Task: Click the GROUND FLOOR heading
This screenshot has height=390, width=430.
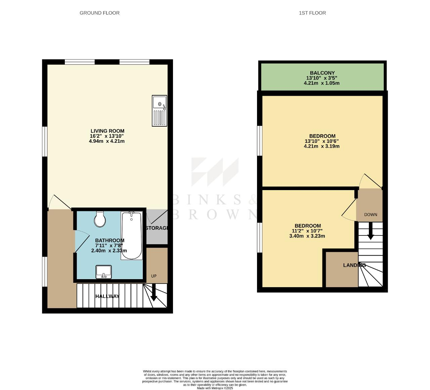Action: (99, 13)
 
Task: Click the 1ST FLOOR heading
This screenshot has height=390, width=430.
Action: (312, 13)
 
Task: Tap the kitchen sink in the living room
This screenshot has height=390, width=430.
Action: (160, 111)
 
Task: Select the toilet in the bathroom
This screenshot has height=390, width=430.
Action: (100, 219)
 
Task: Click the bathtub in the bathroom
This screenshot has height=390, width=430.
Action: (132, 235)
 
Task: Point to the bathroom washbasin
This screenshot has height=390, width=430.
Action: (104, 272)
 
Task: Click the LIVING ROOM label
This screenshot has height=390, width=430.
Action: (107, 131)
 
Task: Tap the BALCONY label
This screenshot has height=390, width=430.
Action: (322, 73)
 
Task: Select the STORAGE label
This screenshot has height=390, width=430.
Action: (157, 228)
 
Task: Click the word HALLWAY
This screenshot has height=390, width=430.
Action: (107, 296)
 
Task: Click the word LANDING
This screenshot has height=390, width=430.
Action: (354, 265)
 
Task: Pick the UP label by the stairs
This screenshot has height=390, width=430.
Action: (154, 276)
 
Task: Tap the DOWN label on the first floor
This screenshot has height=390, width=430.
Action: (371, 215)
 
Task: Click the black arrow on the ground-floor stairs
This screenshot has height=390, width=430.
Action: (154, 293)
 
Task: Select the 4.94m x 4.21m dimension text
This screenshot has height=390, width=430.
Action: (107, 141)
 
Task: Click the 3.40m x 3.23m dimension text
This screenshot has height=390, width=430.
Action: (307, 236)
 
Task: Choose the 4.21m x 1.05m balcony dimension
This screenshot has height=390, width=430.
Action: (321, 83)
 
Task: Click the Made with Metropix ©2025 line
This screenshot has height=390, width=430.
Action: (215, 388)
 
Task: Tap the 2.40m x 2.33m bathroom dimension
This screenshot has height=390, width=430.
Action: (109, 251)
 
